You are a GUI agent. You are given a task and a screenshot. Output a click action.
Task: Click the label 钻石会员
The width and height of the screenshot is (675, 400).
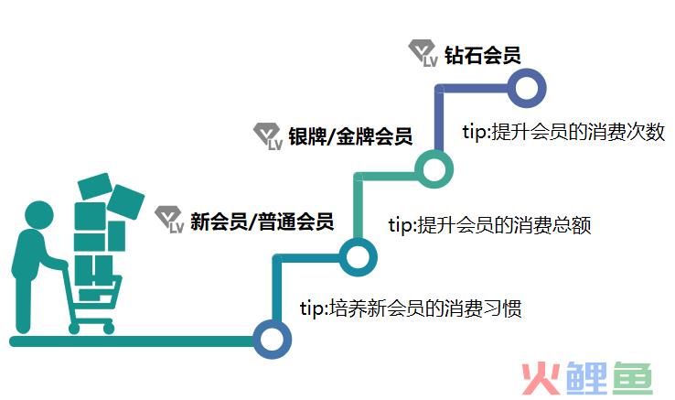483,55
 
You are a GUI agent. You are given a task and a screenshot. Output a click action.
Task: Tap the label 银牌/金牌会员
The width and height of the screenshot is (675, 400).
350,136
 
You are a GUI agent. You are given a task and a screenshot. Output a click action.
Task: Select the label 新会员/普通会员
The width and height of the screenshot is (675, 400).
262,222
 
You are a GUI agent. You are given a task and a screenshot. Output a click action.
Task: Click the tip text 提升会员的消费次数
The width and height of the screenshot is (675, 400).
579,132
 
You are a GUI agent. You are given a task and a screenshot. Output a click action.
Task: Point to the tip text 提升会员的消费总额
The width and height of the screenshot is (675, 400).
504,224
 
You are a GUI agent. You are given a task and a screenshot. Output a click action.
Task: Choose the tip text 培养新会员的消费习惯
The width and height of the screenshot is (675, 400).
425,308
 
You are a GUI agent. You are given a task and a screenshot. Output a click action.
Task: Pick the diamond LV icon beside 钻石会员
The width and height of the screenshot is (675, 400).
423,53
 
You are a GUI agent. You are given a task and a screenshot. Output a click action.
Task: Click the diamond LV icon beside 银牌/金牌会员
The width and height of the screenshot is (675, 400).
268,136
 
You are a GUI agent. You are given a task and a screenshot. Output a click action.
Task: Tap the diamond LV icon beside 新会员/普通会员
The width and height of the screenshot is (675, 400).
169,220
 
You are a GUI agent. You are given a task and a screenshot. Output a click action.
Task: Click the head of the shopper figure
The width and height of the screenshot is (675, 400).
39,215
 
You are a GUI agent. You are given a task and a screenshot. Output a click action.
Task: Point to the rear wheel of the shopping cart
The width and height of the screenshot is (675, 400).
74,329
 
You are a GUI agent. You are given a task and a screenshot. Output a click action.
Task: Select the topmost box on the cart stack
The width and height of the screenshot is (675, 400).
95,186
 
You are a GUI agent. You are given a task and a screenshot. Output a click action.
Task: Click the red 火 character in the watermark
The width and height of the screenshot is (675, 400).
541,378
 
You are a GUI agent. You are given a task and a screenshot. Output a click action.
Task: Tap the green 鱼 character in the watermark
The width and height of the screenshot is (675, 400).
632,378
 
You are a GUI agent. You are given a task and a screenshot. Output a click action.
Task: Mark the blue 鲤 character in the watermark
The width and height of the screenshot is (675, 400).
586,378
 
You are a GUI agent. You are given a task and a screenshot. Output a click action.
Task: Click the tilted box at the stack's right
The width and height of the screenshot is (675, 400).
125,201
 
